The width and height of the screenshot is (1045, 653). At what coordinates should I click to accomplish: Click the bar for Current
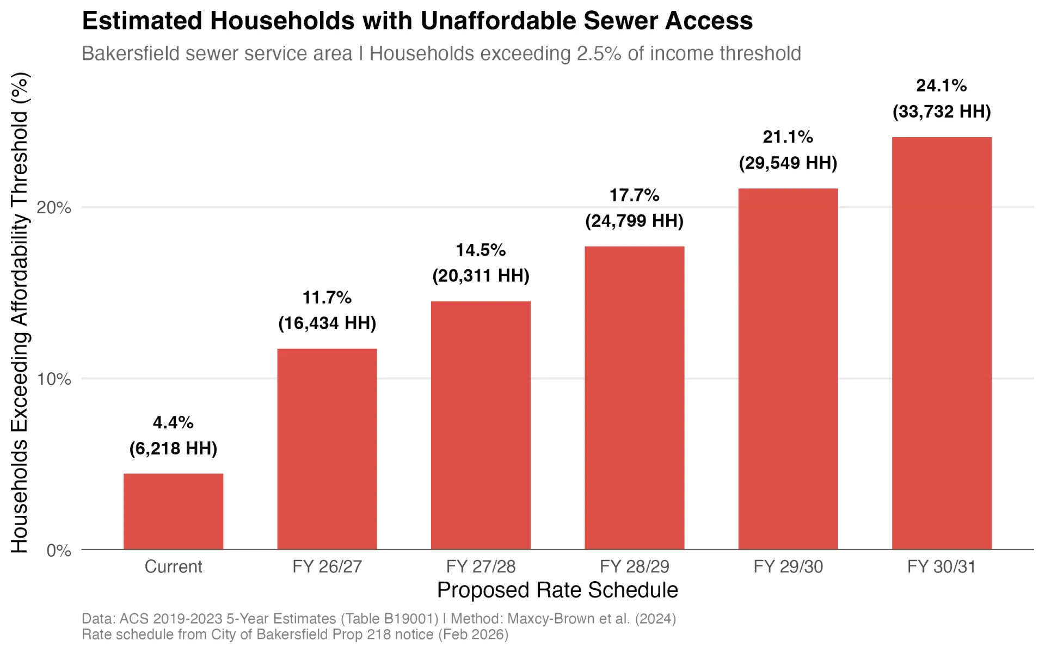(x=173, y=512)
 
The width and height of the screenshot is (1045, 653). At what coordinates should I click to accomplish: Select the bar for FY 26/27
(x=327, y=449)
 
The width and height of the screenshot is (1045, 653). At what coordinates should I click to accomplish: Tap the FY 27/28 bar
(x=481, y=425)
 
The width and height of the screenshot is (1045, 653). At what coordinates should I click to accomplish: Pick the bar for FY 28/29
(x=634, y=398)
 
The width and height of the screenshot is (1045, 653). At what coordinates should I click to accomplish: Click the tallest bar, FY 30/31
(x=942, y=343)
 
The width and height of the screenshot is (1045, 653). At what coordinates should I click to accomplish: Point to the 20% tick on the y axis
(x=54, y=207)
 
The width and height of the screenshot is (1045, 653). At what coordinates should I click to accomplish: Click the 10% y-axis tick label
(x=54, y=379)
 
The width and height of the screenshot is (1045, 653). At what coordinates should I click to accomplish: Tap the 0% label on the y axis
(x=58, y=550)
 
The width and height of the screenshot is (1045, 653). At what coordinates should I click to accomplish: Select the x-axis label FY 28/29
(x=634, y=566)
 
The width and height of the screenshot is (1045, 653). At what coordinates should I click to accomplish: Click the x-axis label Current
(x=173, y=566)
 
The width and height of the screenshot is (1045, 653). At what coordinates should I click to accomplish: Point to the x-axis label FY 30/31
(x=942, y=566)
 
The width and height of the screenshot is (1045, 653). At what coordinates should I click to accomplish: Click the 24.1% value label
(x=941, y=85)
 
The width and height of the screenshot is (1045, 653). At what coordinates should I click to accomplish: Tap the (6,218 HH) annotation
(x=173, y=448)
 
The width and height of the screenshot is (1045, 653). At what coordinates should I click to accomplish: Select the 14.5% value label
(x=481, y=250)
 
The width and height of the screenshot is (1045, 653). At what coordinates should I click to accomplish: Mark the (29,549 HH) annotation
(x=788, y=163)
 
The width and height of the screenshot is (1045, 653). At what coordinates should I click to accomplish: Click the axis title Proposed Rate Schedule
(x=557, y=590)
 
